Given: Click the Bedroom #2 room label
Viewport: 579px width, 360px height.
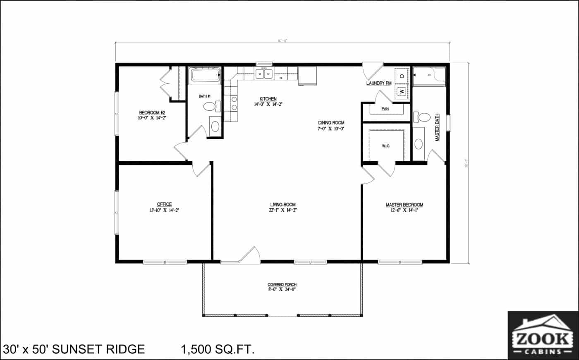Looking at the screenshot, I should (x=152, y=112).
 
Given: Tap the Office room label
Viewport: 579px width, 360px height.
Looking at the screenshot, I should (x=164, y=204).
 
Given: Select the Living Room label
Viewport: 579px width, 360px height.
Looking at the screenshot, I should (x=283, y=205).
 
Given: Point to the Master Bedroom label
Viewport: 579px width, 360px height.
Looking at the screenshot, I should (x=404, y=205).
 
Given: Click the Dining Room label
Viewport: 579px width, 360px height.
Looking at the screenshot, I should (x=331, y=123).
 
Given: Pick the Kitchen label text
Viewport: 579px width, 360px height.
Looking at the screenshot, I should (x=268, y=99).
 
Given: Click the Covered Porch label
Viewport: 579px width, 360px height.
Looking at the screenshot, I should (x=282, y=285).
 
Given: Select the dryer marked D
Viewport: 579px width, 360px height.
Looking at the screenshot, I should (x=401, y=76).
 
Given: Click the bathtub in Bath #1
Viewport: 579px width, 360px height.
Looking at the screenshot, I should (x=205, y=76).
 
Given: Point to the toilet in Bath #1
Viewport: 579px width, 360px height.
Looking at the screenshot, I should (x=211, y=107).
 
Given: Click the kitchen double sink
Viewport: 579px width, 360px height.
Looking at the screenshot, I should (x=264, y=74).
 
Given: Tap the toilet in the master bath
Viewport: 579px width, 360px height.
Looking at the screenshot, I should (x=423, y=117).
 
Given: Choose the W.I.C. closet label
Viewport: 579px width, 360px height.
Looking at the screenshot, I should (x=385, y=146).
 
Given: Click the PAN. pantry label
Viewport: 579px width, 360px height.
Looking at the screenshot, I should (x=385, y=109).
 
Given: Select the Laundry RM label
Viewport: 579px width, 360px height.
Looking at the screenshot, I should (x=378, y=83).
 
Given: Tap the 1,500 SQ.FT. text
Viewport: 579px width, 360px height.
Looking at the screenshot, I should (x=217, y=349).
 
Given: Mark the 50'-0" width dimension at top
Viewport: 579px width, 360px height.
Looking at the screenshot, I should (x=282, y=41).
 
